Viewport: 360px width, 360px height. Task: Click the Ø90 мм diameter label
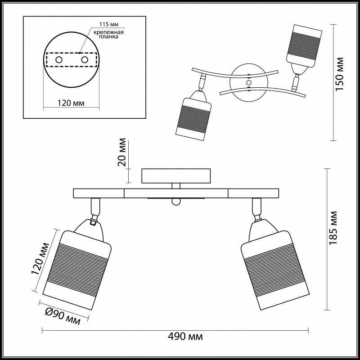63,316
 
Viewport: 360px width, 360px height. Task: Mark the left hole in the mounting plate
58,59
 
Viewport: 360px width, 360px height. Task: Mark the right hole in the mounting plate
84,59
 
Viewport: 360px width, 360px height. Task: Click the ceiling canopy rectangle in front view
176,175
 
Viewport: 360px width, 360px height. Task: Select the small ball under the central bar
176,202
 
